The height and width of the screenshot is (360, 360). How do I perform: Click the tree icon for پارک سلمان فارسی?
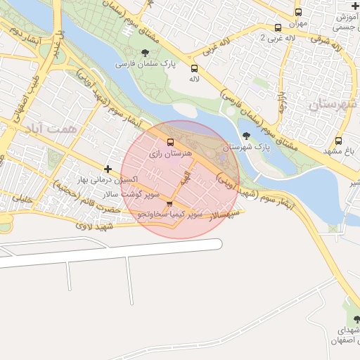146,53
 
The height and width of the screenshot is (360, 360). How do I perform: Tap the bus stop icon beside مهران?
298,13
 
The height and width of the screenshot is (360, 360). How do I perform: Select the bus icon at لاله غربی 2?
278,28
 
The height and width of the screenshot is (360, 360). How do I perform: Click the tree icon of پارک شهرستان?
245,136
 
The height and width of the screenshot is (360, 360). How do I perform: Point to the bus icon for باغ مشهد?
339,141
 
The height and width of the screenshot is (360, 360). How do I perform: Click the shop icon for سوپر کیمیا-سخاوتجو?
169,204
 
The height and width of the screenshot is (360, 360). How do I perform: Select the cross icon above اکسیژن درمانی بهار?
108,169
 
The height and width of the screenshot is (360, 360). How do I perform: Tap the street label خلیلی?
23,200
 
